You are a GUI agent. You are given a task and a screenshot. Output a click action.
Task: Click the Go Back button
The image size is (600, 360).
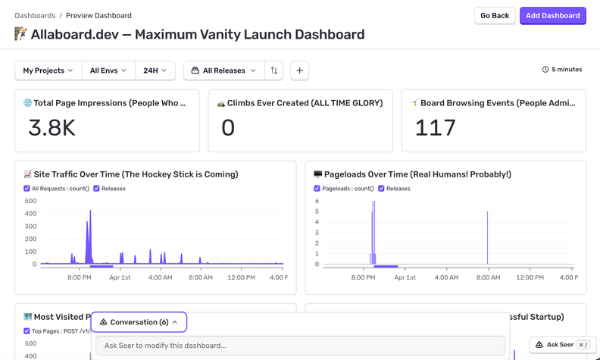[x=495, y=16]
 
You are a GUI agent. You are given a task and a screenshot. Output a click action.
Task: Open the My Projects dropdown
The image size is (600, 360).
[x=48, y=70]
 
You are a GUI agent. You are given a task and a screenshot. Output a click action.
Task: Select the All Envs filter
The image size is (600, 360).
[x=108, y=70]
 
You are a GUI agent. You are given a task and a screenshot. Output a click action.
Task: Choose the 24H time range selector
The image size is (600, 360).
[x=155, y=70]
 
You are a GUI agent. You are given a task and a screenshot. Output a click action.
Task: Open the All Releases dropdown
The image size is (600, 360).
[x=224, y=70]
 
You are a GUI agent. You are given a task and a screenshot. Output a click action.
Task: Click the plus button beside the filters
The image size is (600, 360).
[x=299, y=70]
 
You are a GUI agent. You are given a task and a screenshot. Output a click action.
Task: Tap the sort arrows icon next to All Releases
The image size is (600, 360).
[x=274, y=70]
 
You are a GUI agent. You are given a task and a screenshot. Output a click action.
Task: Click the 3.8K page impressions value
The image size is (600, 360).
[x=52, y=128]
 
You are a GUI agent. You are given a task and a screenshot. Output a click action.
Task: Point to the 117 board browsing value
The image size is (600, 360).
[x=436, y=128]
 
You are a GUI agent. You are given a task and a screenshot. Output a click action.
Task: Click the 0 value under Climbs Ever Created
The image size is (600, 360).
[x=228, y=128]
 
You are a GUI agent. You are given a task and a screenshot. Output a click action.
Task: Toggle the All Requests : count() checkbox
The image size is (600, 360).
[x=27, y=189]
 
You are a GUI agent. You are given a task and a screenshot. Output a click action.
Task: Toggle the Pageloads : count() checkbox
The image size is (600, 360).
[x=317, y=189]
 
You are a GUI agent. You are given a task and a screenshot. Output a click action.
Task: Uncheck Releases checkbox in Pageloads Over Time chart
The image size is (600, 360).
[x=381, y=189]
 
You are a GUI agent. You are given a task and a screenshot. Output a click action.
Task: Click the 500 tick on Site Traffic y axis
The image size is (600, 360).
[x=30, y=201]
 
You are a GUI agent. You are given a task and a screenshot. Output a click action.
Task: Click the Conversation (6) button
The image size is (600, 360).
[x=139, y=322]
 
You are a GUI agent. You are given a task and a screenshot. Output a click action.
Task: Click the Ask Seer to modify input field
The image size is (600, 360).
[x=300, y=346]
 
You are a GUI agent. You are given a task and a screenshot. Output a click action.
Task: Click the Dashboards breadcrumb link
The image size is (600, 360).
[x=35, y=15]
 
